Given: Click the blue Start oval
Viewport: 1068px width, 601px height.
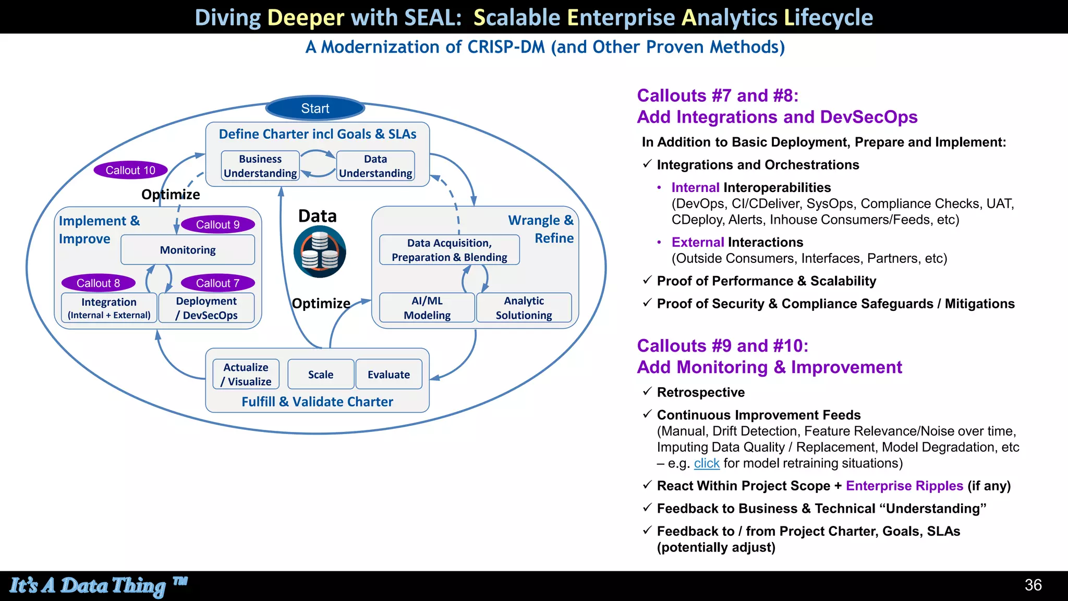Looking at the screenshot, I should click(315, 109).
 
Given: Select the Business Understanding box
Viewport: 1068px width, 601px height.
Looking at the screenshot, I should click(260, 166).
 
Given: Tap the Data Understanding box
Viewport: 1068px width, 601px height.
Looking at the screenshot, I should click(375, 166).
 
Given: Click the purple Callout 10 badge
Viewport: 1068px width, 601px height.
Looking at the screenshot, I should click(130, 170).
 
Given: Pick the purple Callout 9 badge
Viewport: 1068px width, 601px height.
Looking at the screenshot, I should click(217, 224).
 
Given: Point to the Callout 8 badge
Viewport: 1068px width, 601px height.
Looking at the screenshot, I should click(98, 283).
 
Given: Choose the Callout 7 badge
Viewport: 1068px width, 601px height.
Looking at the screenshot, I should click(217, 283).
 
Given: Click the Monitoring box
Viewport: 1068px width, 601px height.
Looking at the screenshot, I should click(188, 250).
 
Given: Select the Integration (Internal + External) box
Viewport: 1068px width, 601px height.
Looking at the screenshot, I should click(109, 308).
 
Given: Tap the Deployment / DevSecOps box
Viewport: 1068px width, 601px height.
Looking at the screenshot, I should click(207, 308).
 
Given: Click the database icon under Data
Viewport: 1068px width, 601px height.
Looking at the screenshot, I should click(320, 252).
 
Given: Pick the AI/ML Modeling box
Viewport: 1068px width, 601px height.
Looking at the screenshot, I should click(427, 308).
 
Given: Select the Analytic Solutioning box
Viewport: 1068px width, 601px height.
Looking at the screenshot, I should click(524, 308).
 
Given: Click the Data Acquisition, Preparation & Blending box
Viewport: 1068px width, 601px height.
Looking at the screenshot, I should click(449, 250).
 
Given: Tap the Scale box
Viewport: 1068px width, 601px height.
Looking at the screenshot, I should click(321, 374).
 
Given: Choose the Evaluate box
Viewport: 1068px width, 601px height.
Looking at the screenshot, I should click(389, 374).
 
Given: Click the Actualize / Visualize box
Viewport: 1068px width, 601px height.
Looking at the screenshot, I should click(246, 374).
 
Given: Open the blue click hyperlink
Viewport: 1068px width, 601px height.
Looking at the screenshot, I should click(707, 463).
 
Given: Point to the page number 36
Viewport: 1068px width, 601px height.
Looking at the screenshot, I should click(1033, 585).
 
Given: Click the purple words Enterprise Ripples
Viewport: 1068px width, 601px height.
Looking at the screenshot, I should click(904, 486).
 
